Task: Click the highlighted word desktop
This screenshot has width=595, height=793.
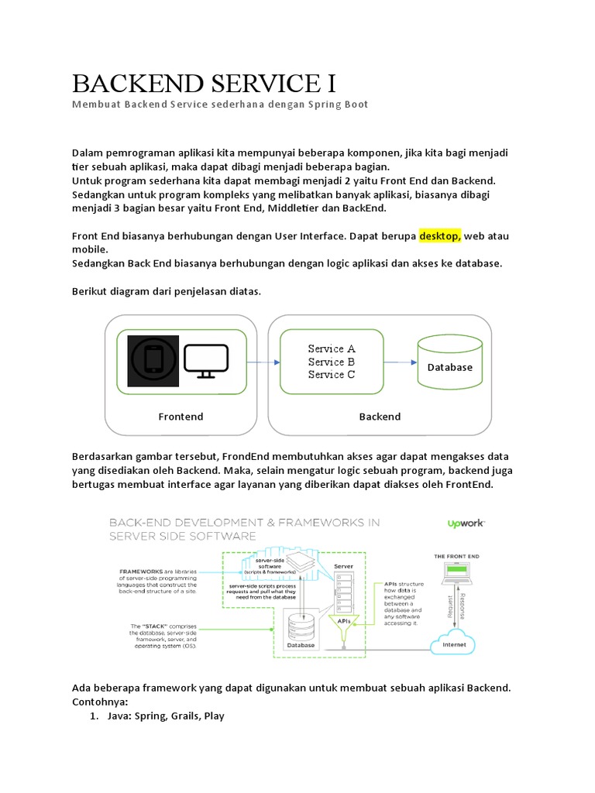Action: tap(440, 235)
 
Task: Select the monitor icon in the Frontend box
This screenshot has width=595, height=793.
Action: tap(206, 362)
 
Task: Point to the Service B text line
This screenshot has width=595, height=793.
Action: tap(331, 362)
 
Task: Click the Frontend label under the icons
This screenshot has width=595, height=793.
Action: tap(181, 417)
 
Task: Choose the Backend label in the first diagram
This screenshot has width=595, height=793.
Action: tap(380, 417)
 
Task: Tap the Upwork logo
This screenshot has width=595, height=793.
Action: tap(466, 524)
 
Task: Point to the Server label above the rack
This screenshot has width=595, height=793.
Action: tap(343, 566)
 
